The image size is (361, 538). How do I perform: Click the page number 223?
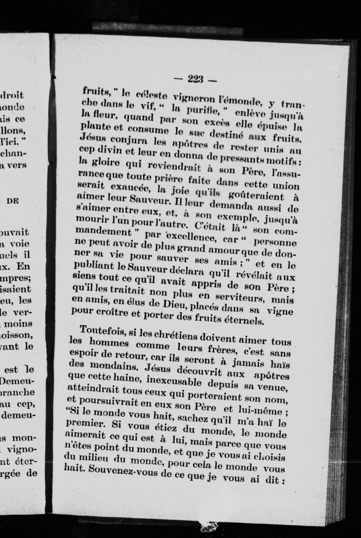click(195, 79)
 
